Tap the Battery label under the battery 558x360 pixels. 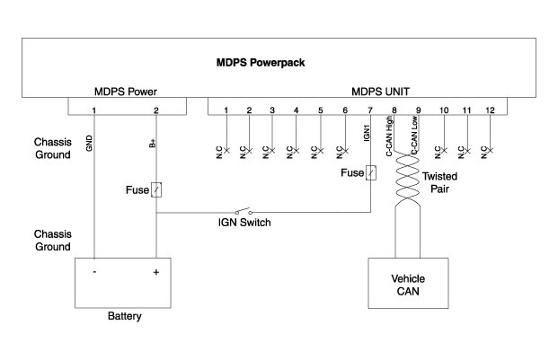pos(124,316)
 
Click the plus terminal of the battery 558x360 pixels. pos(156,272)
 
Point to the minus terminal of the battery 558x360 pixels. pos(93,272)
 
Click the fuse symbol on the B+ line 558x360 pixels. pos(156,190)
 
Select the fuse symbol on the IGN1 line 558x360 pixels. pos(370,172)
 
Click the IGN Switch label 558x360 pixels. pos(245,223)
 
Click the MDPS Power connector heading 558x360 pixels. pos(127,92)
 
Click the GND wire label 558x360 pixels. pos(90,144)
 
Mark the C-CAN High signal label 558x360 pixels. pos(391,142)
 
